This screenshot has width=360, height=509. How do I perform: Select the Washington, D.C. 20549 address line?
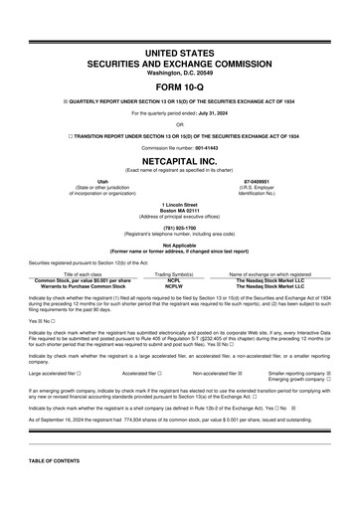[x=179, y=73]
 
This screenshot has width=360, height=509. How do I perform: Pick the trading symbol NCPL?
[x=173, y=254]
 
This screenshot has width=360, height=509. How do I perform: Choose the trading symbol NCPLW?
[x=173, y=259]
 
